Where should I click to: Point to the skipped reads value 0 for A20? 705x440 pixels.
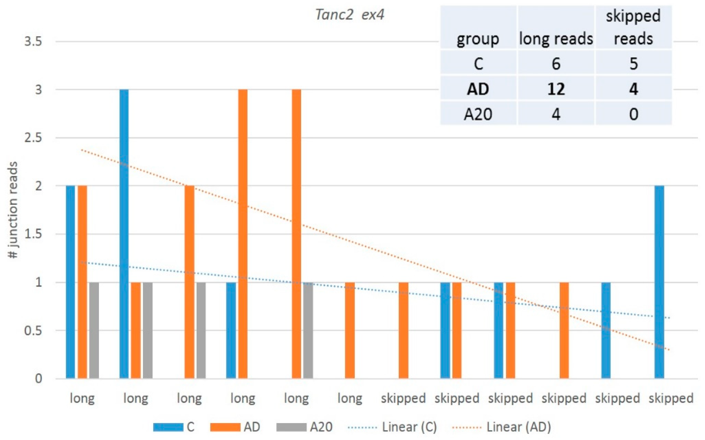(633, 114)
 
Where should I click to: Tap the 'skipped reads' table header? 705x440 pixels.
(633, 28)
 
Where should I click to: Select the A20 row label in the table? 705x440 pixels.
(478, 114)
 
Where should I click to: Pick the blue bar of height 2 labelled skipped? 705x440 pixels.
(659, 282)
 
